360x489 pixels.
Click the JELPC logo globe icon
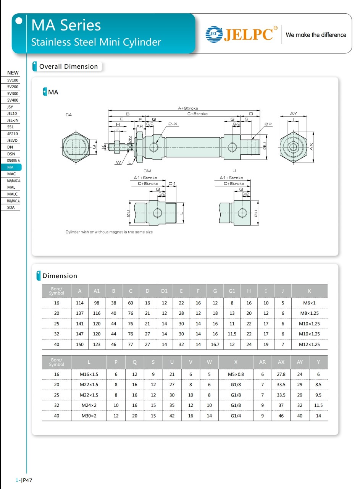[214, 34]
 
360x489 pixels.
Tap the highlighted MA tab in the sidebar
[11, 167]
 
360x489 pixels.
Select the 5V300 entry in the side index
[13, 94]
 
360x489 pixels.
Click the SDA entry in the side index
[11, 207]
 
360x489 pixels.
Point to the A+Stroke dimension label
[188, 108]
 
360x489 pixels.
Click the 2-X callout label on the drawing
[173, 124]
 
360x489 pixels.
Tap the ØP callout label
[268, 124]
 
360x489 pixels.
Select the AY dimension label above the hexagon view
[293, 113]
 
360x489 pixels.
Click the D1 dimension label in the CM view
[172, 184]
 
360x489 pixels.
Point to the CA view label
[69, 115]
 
